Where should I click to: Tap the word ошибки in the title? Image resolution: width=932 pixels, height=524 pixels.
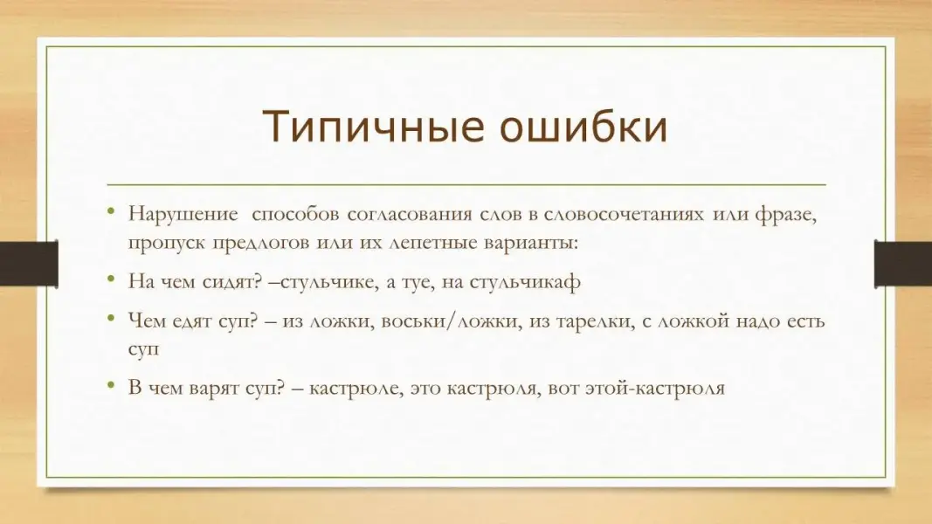tap(583, 126)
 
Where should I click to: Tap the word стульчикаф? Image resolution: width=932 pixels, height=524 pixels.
tap(525, 281)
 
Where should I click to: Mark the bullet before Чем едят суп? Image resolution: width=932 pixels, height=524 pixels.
tap(111, 318)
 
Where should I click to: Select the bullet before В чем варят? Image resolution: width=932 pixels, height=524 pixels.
tap(111, 385)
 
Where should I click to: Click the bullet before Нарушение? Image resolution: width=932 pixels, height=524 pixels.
tap(111, 210)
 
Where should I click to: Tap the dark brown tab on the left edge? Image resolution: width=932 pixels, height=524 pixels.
tap(29, 264)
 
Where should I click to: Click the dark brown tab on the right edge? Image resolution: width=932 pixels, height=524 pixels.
tap(903, 264)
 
